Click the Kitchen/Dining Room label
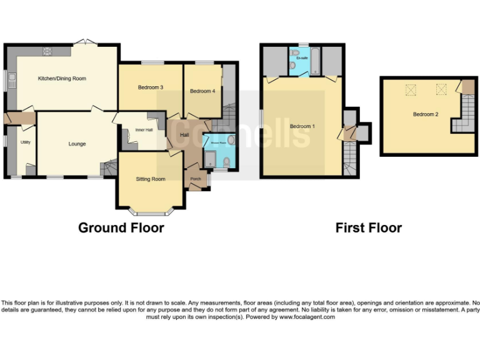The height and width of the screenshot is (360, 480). [62, 79]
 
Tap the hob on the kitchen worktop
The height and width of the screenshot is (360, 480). [47, 51]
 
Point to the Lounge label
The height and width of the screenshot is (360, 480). [77, 144]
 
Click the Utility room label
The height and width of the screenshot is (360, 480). [26, 142]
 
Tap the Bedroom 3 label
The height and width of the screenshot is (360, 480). [150, 87]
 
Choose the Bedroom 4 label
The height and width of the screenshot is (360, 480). [202, 91]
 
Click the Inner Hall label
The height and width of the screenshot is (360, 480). [144, 131]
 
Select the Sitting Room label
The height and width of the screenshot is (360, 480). [151, 179]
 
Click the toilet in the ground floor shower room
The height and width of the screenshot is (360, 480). [227, 162]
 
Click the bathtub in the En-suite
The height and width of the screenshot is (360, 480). [315, 61]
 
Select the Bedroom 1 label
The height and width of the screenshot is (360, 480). [302, 127]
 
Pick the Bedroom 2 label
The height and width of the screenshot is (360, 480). [425, 114]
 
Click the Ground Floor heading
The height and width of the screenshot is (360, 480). [121, 228]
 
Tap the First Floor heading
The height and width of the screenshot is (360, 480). [368, 228]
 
